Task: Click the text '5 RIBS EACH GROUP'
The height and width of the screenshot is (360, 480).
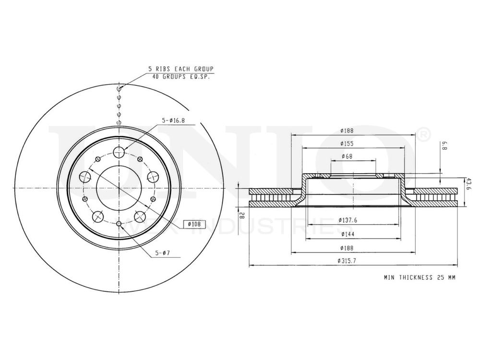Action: (x=180, y=69)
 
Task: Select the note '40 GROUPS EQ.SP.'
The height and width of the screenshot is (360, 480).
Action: (x=180, y=76)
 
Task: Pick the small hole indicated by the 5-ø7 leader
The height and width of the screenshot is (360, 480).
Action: (x=119, y=223)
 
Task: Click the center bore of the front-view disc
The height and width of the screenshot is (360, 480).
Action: (x=119, y=187)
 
